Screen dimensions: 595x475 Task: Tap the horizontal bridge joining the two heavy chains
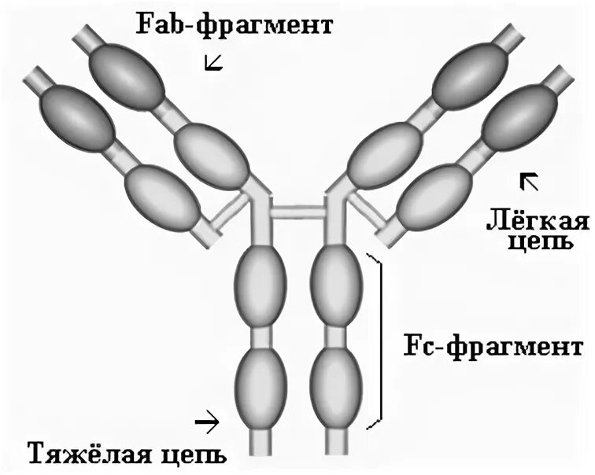pos(298,212)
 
